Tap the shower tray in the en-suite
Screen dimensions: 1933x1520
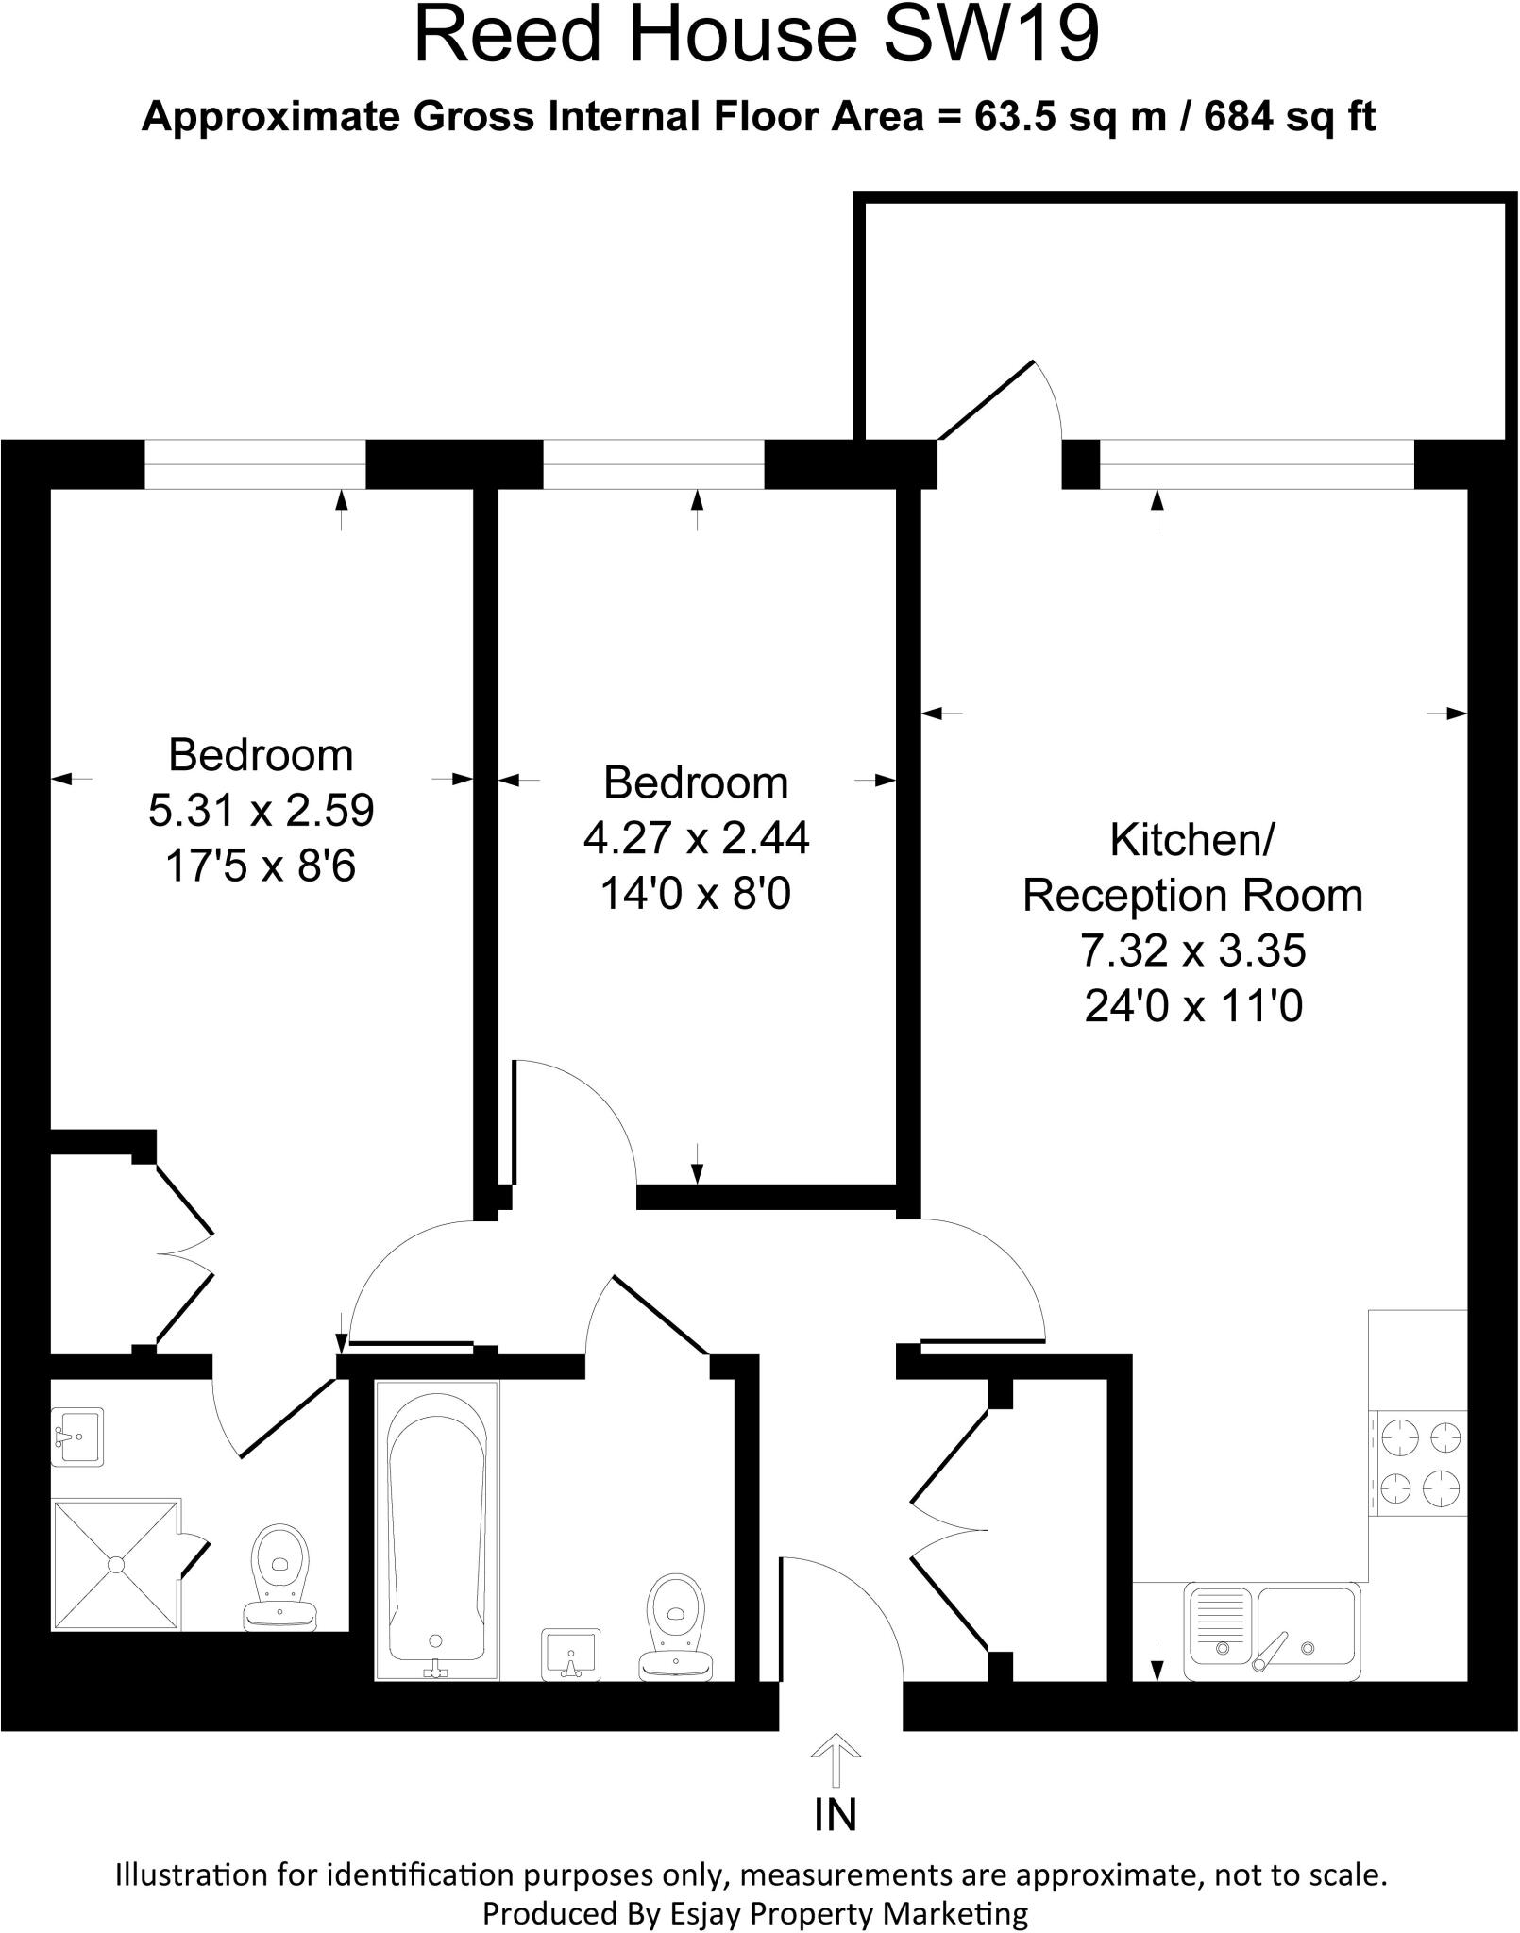(115, 1564)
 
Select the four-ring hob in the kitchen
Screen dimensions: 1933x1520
(1419, 1464)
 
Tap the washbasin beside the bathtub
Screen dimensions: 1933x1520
(571, 1655)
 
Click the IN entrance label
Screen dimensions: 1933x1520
(835, 1813)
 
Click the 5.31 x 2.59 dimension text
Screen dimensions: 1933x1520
(262, 810)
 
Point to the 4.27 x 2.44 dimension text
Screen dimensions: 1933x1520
(696, 837)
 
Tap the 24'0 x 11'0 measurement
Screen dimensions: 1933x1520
(1193, 1006)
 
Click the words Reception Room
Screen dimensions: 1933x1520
(1193, 895)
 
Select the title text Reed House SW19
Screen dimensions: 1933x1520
(758, 36)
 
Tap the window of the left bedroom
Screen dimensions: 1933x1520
(255, 465)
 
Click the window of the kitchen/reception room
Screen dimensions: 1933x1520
(1257, 465)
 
